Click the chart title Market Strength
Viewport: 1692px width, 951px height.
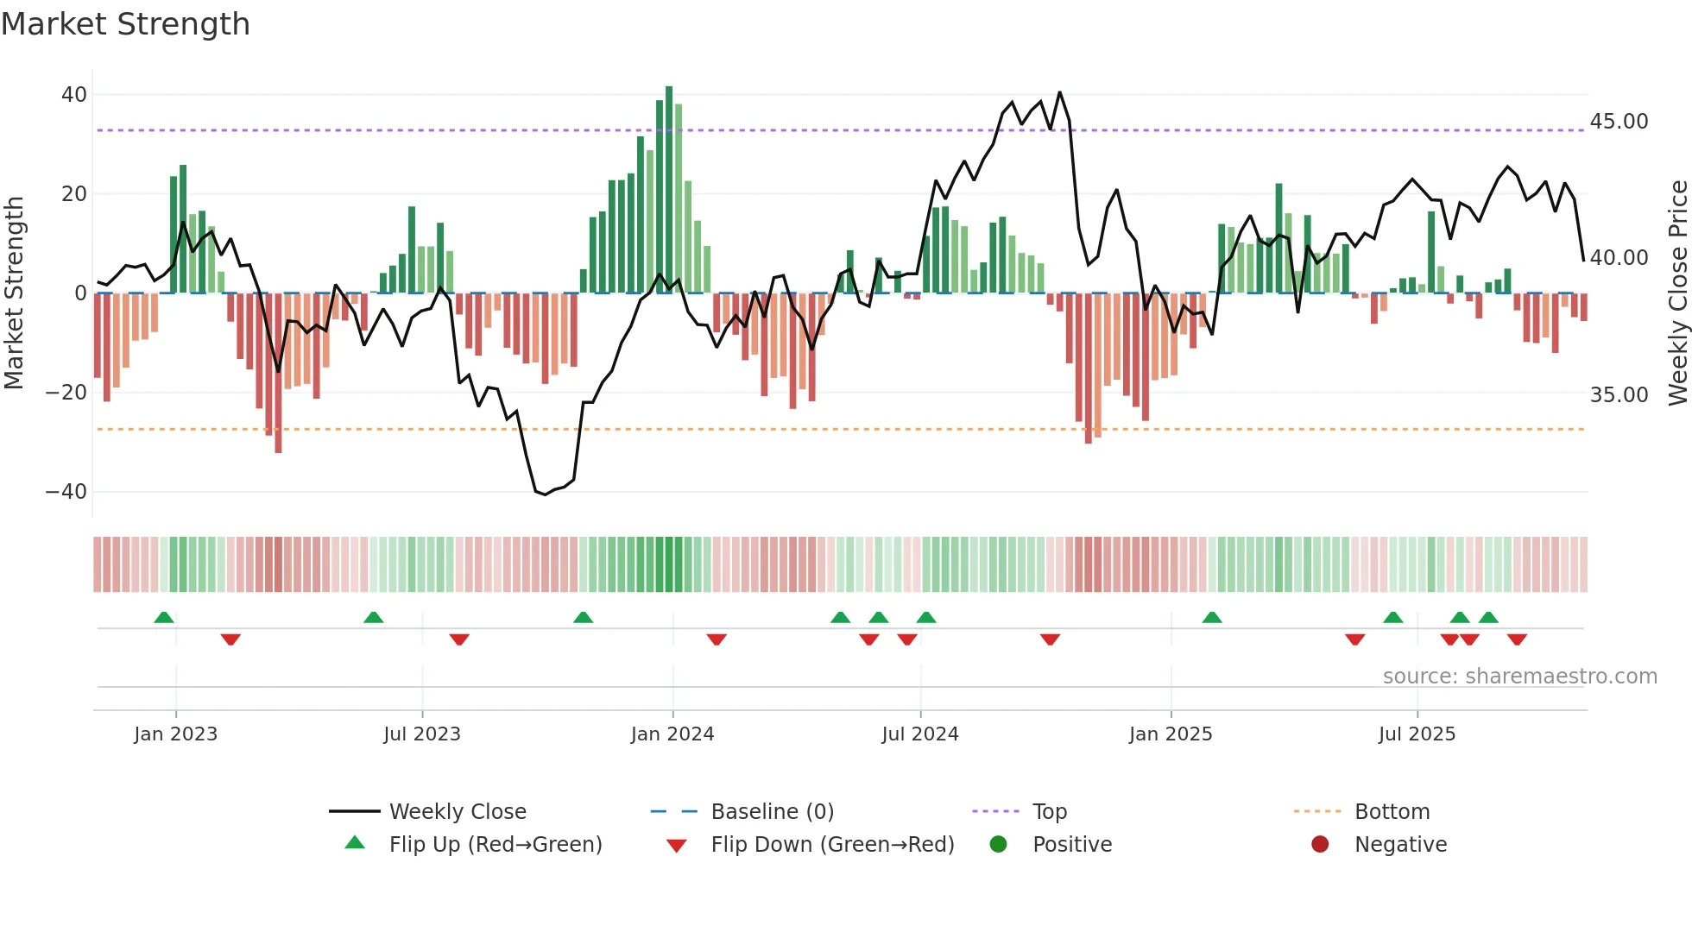pyautogui.click(x=125, y=24)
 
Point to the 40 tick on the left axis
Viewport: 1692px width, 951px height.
pyautogui.click(x=73, y=95)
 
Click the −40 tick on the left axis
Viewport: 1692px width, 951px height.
pyautogui.click(x=66, y=492)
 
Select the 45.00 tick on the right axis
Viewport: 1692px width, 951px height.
pyautogui.click(x=1619, y=122)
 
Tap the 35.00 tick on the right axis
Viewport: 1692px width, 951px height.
pyautogui.click(x=1619, y=395)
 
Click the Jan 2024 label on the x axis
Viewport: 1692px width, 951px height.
pyautogui.click(x=672, y=734)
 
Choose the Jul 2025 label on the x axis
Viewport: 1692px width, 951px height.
pyautogui.click(x=1417, y=734)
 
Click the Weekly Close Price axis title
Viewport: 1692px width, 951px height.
pyautogui.click(x=1677, y=293)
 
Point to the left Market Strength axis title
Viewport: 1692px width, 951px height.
pyautogui.click(x=15, y=293)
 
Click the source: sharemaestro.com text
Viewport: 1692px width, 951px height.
pyautogui.click(x=1519, y=677)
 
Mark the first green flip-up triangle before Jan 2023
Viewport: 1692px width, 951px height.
pyautogui.click(x=164, y=617)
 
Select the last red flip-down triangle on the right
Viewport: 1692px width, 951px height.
pyautogui.click(x=1517, y=639)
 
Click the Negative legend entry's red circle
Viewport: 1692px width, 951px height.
pyautogui.click(x=1320, y=845)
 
